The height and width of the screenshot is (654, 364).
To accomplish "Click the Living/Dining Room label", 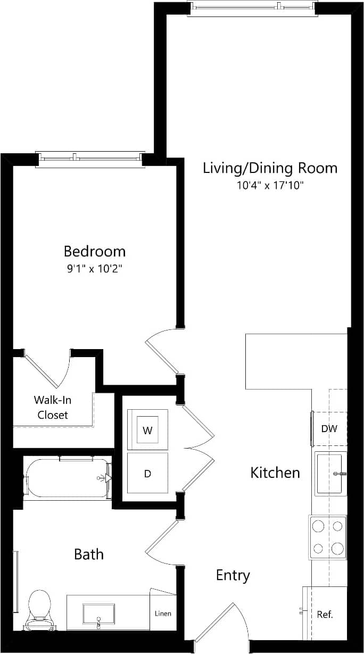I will [x=270, y=168].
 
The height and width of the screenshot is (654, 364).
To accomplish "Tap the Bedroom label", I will [x=95, y=251].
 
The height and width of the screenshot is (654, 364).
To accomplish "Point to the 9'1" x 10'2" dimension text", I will [x=95, y=269].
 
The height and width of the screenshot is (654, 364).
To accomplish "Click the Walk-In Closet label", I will [x=53, y=407].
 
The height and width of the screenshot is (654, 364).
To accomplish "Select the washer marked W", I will [x=148, y=430].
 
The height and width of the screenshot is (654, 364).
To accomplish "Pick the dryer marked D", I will [x=148, y=473].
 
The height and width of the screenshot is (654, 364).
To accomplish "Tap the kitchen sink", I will [x=329, y=473].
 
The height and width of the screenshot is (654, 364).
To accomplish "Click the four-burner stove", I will [x=328, y=537].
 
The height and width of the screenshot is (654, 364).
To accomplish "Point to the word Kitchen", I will [x=275, y=473].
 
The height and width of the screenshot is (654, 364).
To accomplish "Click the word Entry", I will [x=233, y=575].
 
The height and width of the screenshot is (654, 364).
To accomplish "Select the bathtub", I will [x=67, y=478].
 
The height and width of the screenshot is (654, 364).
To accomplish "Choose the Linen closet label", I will [x=163, y=614].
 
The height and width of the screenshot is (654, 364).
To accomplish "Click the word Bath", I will [x=89, y=554].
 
